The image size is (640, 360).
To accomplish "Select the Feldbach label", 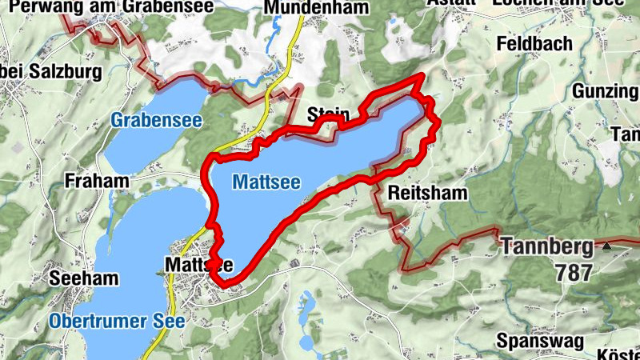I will (534, 43).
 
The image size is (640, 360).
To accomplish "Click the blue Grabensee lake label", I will (156, 122).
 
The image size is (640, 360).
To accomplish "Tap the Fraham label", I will (98, 181).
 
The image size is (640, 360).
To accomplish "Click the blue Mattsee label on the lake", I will (266, 182).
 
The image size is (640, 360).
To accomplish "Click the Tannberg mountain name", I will (547, 246).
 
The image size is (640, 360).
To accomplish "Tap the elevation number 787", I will (573, 273).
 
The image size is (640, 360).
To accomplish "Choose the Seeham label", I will (83, 278).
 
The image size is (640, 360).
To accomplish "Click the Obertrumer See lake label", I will (117, 322).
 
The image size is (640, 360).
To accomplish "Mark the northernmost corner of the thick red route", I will (422, 76).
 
